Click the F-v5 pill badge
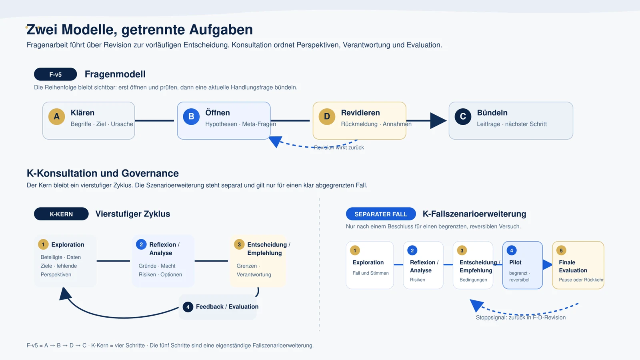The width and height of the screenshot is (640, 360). [x=56, y=74]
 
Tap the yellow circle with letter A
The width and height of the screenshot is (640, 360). [x=56, y=116]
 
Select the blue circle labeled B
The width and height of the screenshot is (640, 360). [x=191, y=116]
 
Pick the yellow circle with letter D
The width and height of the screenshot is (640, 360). [x=327, y=116]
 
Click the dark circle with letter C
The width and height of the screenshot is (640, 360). [x=463, y=116]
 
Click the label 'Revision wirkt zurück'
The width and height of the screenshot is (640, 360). [x=339, y=148]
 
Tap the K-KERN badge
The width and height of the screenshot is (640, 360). [x=61, y=214]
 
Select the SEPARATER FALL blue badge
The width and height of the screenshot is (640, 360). [x=381, y=214]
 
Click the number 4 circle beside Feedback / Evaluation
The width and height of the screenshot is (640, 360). [x=188, y=307]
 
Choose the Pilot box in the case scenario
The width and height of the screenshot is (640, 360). [x=522, y=265]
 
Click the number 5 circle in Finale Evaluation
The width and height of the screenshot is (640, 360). [x=561, y=250]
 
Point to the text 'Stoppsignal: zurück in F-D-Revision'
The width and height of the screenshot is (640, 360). [x=520, y=318]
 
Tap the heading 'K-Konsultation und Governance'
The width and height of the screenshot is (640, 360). [x=102, y=173]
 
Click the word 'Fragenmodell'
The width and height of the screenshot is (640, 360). [x=115, y=74]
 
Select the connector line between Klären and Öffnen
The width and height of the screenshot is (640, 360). [x=154, y=120]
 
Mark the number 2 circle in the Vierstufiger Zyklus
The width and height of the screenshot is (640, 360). [x=141, y=244]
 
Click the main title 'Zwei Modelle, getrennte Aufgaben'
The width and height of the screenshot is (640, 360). [x=140, y=30]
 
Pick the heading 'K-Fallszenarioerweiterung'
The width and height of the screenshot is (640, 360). [x=474, y=214]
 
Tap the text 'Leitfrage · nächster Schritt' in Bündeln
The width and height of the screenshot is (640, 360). [x=512, y=124]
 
